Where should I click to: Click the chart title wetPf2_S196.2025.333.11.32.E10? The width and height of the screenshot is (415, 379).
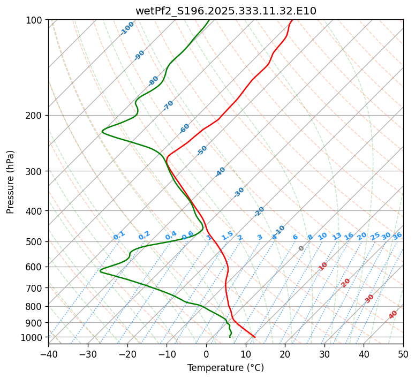[225, 11]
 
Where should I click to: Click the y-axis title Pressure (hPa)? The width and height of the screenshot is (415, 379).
[11, 181]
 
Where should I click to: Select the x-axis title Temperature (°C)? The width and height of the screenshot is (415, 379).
[225, 368]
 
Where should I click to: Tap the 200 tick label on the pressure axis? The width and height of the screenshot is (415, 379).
[35, 115]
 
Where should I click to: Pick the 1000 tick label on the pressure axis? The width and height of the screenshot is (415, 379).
[33, 337]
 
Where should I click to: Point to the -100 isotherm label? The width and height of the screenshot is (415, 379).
[127, 28]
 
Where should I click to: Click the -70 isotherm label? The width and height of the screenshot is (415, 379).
[168, 105]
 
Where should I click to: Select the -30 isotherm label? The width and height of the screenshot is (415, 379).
[239, 192]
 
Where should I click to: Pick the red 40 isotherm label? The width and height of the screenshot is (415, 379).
[393, 315]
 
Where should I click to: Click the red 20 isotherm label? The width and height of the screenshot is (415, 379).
[346, 282]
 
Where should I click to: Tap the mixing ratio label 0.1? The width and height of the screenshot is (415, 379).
[119, 235]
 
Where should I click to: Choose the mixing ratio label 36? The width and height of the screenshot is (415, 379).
[397, 236]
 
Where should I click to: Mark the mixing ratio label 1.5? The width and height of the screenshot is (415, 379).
[227, 235]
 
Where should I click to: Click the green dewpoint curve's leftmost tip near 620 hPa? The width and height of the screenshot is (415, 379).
[100, 271]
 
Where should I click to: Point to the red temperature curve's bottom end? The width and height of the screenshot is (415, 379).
[255, 337]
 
